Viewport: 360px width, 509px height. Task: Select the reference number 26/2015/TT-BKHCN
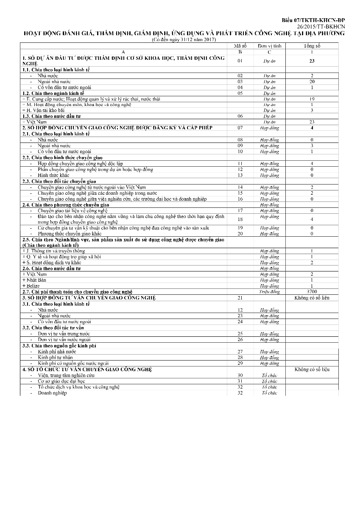coord(321,26)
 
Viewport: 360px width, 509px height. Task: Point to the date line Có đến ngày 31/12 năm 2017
coord(184,40)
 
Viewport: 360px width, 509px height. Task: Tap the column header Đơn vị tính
coord(269,46)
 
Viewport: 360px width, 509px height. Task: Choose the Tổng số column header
coord(312,46)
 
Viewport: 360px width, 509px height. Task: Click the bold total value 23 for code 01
coord(312,61)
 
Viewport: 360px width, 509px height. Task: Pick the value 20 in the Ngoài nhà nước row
coord(312,81)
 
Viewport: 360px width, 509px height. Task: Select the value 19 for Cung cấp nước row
coord(312,99)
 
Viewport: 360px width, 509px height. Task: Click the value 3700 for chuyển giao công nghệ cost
coord(312,292)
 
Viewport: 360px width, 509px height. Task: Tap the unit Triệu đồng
coord(269,292)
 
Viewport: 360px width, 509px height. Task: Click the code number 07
coord(240,128)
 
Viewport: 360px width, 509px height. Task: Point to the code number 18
coord(240,219)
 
